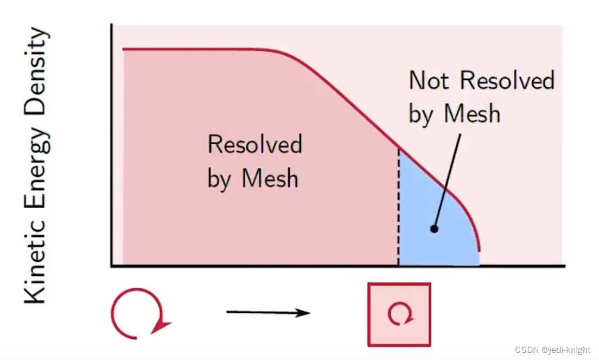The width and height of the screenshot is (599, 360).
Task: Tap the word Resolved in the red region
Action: [x=254, y=145]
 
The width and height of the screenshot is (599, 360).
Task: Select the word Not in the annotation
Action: [x=429, y=81]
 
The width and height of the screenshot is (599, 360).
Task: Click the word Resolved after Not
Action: [x=507, y=81]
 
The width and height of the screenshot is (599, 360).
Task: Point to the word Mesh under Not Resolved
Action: [x=471, y=114]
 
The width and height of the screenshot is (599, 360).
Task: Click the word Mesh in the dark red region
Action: [x=270, y=178]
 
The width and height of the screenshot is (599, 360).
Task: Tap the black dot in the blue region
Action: [x=434, y=229]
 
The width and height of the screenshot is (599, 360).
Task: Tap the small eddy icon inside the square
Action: [x=399, y=314]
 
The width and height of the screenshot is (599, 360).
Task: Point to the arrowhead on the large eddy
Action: [x=162, y=325]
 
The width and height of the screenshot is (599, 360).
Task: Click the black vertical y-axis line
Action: [x=111, y=146]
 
